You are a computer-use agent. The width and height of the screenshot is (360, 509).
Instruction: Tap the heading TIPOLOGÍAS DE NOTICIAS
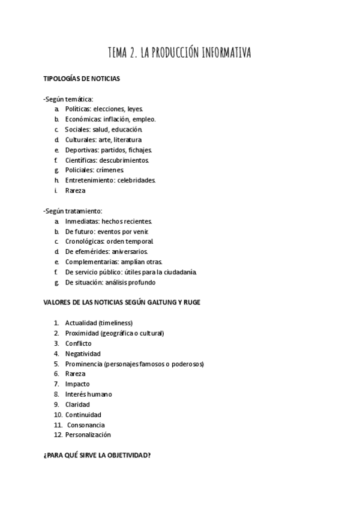coord(82,79)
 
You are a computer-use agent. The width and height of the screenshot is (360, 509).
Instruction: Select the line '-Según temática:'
coord(68,98)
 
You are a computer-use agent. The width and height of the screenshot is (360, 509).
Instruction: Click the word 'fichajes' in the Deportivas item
coord(139,150)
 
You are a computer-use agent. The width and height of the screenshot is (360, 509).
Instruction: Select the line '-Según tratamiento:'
coord(73,211)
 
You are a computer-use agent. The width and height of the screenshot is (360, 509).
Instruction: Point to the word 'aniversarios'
coord(129,252)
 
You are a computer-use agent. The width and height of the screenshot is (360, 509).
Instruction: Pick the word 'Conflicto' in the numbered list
coord(78,343)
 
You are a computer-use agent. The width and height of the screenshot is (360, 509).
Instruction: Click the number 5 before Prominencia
coord(56,364)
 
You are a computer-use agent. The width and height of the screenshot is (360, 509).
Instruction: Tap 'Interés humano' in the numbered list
coord(88,394)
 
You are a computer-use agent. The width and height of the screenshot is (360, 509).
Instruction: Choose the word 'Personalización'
coord(88,435)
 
